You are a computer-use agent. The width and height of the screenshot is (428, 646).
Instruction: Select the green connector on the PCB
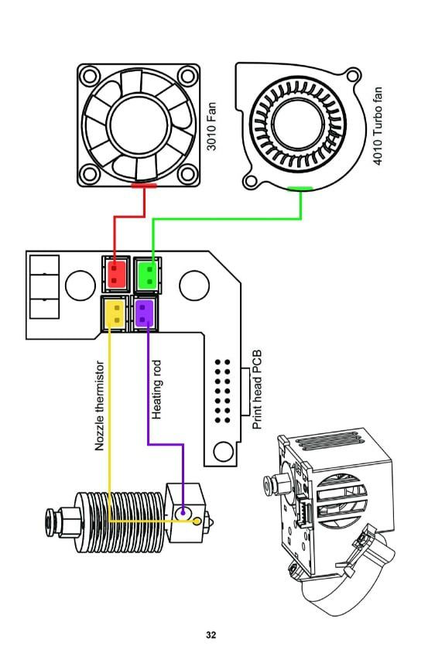tap(147, 275)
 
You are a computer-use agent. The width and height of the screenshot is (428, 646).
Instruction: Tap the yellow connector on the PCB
tap(114, 313)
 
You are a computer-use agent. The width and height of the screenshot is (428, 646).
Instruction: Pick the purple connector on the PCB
tap(145, 313)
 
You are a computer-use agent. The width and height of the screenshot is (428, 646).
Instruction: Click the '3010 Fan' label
tap(211, 127)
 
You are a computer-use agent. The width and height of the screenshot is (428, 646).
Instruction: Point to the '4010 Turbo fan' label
tap(378, 126)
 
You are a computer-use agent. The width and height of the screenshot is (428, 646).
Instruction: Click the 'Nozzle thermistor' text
tap(100, 406)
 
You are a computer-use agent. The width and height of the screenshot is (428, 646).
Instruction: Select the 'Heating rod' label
tap(156, 390)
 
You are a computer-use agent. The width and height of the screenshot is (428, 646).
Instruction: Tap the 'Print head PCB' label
tap(257, 390)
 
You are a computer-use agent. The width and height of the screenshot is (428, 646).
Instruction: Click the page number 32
tap(211, 635)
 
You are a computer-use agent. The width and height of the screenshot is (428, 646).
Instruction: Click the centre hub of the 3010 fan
tap(139, 125)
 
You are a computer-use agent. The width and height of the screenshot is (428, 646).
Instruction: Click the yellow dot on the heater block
tap(197, 521)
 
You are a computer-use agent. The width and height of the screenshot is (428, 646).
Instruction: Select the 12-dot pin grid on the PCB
tap(222, 391)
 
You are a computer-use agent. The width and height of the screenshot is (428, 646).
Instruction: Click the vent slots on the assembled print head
tap(330, 443)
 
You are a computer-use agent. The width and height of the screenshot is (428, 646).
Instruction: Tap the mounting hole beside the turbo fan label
tap(353, 75)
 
